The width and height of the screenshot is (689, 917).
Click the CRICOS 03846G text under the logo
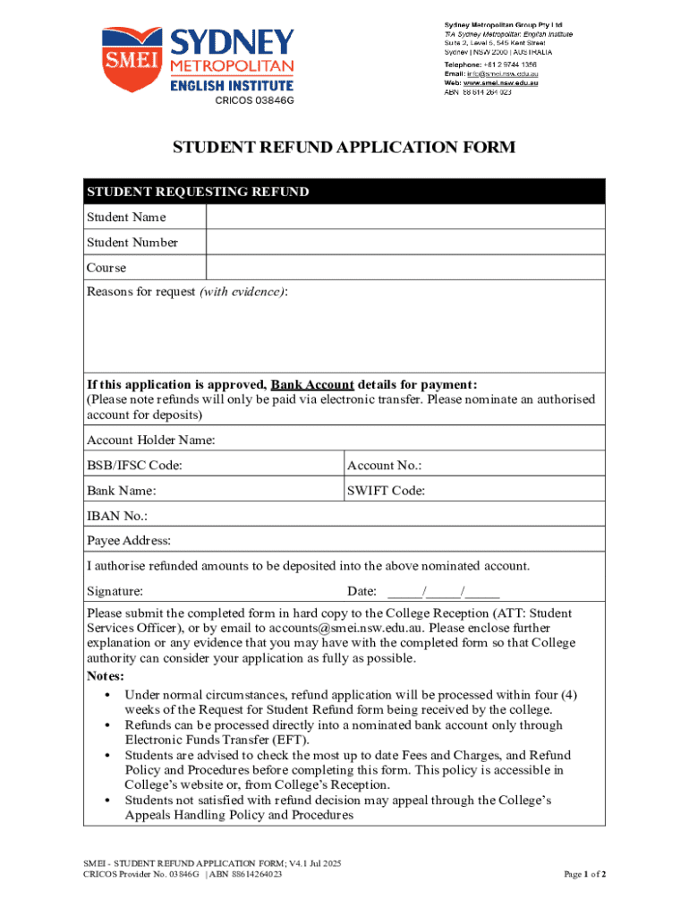pos(254,100)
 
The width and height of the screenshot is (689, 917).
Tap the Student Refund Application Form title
pos(344,148)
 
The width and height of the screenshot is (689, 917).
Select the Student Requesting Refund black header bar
pos(344,192)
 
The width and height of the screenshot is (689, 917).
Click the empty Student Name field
pos(405,218)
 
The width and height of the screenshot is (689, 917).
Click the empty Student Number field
pos(405,243)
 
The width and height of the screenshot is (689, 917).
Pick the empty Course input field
pos(405,268)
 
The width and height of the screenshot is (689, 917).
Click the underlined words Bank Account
pos(312,384)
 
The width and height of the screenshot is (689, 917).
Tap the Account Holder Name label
pos(150,440)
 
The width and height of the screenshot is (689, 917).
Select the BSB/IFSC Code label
pos(134,466)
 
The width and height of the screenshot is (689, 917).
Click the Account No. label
pos(384,466)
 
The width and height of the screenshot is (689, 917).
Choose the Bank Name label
pos(122,491)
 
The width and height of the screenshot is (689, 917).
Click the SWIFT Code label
pos(386,491)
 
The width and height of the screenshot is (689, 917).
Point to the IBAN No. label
pos(117,516)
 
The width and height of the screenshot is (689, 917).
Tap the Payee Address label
pos(129,541)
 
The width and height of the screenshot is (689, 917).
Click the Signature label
pos(115,591)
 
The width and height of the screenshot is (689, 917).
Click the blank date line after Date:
pos(444,592)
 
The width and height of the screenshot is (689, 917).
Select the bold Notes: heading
pos(106,676)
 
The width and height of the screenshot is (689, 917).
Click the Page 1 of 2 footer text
pos(584,873)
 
